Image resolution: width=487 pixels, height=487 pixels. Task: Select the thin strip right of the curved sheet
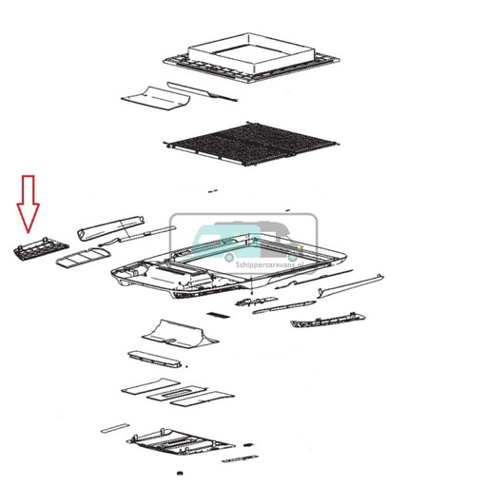click(218, 96)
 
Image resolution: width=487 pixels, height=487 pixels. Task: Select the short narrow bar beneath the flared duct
click(154, 360)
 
